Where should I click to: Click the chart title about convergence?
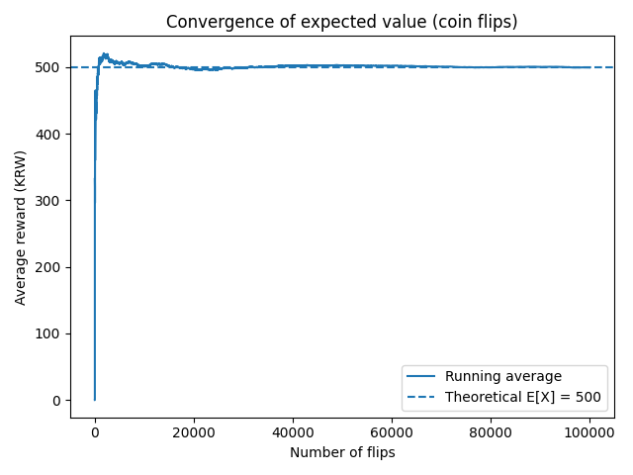(341, 22)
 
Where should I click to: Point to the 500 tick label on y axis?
(47, 67)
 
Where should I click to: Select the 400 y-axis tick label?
(47, 135)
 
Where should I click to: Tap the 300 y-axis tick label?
(47, 201)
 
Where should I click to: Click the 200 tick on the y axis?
(47, 267)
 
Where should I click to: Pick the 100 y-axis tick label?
(47, 334)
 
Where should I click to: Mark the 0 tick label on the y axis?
(56, 401)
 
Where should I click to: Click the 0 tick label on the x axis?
(95, 433)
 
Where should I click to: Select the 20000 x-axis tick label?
(194, 433)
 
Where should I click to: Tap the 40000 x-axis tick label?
(293, 433)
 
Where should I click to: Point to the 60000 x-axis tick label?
(392, 433)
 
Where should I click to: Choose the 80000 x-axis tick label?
(491, 433)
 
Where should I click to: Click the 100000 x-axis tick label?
(589, 433)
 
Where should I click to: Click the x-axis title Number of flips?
(342, 452)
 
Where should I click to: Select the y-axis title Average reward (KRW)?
(20, 228)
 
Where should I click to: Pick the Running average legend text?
(503, 376)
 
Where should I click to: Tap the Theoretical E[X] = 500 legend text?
(523, 397)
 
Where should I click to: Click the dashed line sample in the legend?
(420, 397)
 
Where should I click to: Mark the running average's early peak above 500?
(105, 53)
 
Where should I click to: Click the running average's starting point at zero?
(95, 400)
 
